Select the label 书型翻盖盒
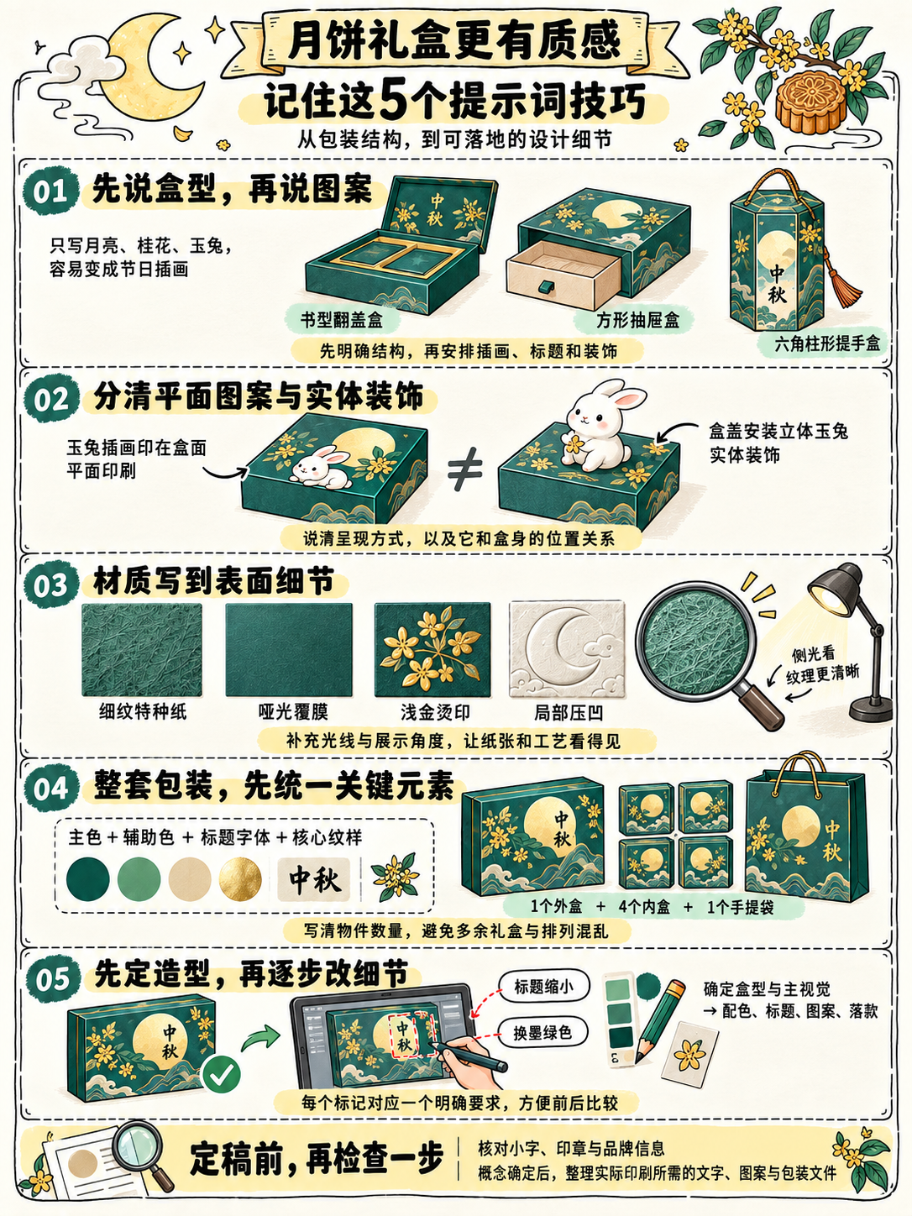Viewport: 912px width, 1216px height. click(x=342, y=320)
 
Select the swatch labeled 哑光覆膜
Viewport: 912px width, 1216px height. click(x=289, y=649)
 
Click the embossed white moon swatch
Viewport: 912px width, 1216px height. click(x=567, y=649)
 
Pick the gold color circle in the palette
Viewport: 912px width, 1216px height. click(x=240, y=878)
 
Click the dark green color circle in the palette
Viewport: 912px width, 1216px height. click(x=87, y=878)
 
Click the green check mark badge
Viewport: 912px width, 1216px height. click(x=222, y=1075)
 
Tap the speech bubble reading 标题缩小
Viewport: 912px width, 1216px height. click(x=543, y=987)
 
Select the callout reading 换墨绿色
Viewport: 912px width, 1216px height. click(x=542, y=1033)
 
